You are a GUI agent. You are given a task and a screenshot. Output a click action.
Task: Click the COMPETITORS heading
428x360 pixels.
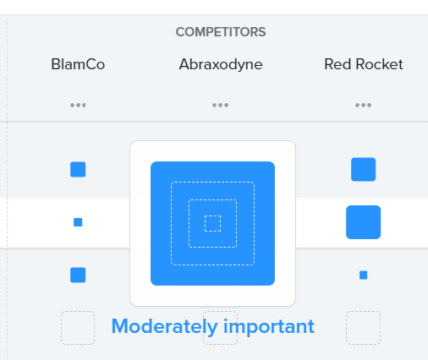tap(221, 32)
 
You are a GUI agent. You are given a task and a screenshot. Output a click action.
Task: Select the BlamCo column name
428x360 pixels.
tap(78, 64)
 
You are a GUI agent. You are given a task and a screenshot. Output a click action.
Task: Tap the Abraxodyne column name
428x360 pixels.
tap(221, 65)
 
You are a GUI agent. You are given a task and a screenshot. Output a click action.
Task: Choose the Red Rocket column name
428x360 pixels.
tap(364, 64)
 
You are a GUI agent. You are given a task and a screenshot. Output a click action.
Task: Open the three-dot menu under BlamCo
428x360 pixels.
tap(78, 106)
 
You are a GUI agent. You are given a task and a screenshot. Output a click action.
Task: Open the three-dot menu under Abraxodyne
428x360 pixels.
tap(221, 106)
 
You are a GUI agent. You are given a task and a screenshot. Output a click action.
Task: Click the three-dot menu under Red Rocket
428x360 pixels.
tap(363, 106)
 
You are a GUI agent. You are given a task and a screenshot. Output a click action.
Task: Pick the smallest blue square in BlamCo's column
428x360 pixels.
tap(78, 222)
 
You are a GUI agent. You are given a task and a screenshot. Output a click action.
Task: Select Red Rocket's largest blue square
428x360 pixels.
tap(364, 222)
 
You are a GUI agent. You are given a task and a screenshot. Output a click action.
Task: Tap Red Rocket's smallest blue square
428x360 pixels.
tap(364, 275)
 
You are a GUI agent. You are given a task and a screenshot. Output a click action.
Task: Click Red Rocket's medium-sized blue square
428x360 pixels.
tap(364, 169)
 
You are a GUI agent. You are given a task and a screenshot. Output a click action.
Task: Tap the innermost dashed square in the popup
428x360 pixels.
tap(212, 215)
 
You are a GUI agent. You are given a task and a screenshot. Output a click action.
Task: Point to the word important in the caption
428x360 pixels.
tap(269, 327)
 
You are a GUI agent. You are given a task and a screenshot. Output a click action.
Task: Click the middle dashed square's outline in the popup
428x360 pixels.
tap(212, 199)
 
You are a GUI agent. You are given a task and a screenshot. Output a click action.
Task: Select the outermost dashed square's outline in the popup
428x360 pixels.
tap(212, 183)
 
